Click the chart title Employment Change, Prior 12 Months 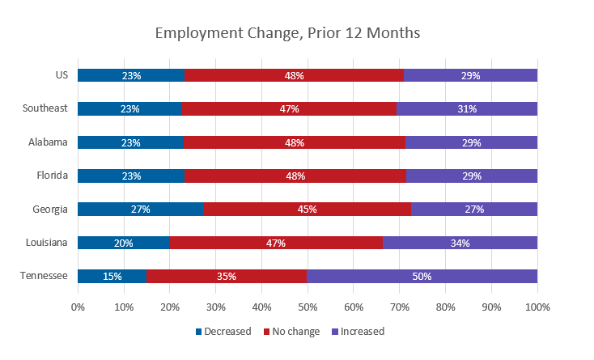click(287, 33)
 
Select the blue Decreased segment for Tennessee click(112, 276)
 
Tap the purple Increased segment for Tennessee click(422, 276)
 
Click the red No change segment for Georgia click(308, 209)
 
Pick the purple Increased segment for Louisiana click(460, 243)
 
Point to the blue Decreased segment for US click(131, 75)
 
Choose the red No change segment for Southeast click(290, 108)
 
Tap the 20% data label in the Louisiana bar click(124, 243)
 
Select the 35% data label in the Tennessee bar click(227, 276)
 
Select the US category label click(62, 75)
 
